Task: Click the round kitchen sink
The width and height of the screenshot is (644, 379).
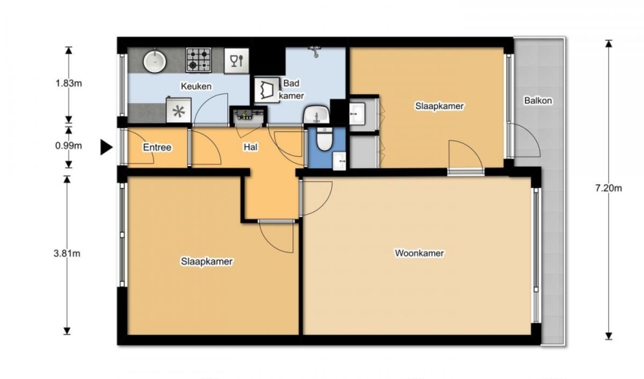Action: pos(155,61)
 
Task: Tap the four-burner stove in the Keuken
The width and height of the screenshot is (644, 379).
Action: pos(199,60)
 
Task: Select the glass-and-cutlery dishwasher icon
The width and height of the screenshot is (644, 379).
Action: pos(236,61)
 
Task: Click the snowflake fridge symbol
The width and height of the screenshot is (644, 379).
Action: pos(179,111)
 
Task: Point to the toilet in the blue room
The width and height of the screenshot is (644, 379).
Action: pos(324,139)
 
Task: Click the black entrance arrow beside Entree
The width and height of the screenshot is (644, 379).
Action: pos(107,147)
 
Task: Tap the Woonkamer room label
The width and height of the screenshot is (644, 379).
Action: pos(419,253)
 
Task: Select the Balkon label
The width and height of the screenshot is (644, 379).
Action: pos(538,101)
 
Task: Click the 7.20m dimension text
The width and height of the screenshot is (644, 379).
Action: pos(608,188)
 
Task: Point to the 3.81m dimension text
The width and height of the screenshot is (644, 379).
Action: pos(67,254)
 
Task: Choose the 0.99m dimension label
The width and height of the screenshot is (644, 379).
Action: pos(69,146)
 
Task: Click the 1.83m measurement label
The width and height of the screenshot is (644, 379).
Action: pos(69,83)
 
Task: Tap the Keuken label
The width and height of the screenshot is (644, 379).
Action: pos(196,86)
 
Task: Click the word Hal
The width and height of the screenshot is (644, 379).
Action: pos(251,147)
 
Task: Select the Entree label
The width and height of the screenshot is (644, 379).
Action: pos(157,148)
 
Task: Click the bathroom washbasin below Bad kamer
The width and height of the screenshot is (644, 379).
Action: pos(316,114)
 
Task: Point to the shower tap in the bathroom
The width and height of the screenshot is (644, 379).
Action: pos(315,52)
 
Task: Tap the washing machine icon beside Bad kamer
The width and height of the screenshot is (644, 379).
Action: pos(267,89)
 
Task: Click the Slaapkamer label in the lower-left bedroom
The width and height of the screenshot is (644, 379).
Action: pos(207,262)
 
